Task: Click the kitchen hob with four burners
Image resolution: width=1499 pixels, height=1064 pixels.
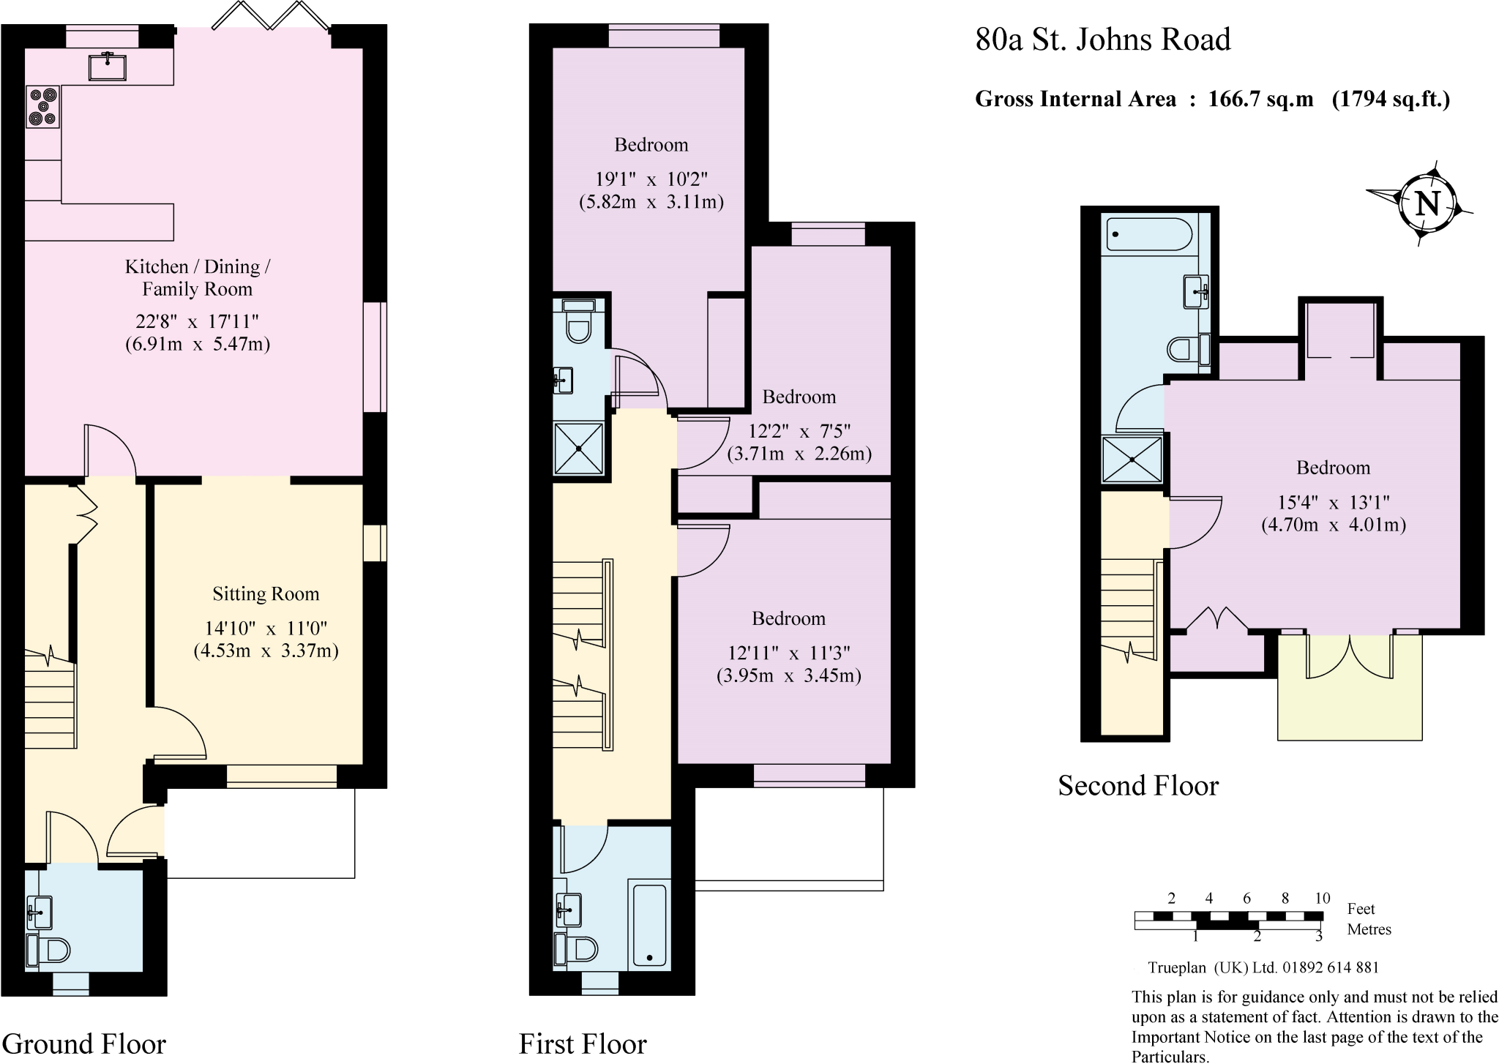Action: tap(42, 107)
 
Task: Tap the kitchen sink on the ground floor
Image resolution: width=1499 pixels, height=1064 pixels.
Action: tap(107, 66)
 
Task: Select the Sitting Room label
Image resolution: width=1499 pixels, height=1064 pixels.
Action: tap(266, 594)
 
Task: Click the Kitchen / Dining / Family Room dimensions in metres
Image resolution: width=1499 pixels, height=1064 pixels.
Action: tap(198, 344)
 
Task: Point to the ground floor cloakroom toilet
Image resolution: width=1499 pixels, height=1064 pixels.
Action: tap(50, 950)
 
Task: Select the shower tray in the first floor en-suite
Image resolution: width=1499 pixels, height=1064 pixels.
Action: tap(579, 447)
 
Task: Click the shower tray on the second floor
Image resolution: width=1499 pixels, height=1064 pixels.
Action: tap(1132, 460)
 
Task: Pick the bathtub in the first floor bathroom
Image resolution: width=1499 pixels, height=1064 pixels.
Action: tap(649, 926)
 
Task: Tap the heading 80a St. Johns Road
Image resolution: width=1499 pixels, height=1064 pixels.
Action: tap(1102, 40)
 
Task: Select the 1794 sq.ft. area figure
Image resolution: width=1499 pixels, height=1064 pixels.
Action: tap(1390, 99)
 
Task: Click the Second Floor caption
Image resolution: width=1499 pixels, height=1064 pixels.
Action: tap(1138, 786)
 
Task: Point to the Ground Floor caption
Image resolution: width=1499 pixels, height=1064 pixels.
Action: tap(84, 1044)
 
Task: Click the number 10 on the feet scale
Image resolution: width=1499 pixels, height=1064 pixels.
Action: tap(1322, 899)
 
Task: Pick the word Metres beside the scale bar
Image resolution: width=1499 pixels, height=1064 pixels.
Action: tap(1369, 929)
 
